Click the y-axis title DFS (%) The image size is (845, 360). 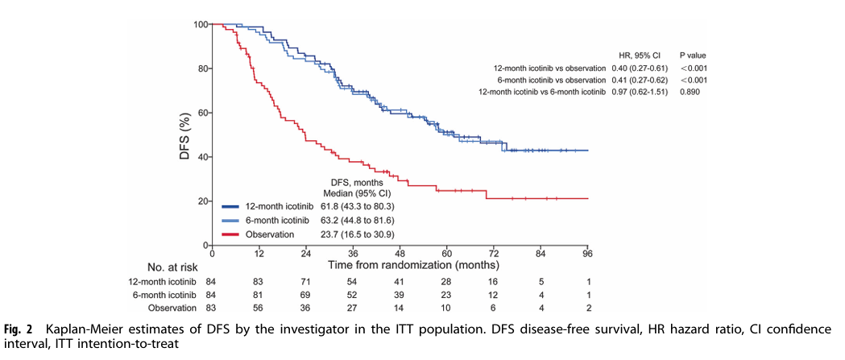[184, 134]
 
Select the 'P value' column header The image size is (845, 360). [694, 55]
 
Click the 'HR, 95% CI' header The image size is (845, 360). [640, 55]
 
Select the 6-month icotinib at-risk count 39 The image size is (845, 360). [399, 294]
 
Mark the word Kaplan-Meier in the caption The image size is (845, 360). [81, 329]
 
